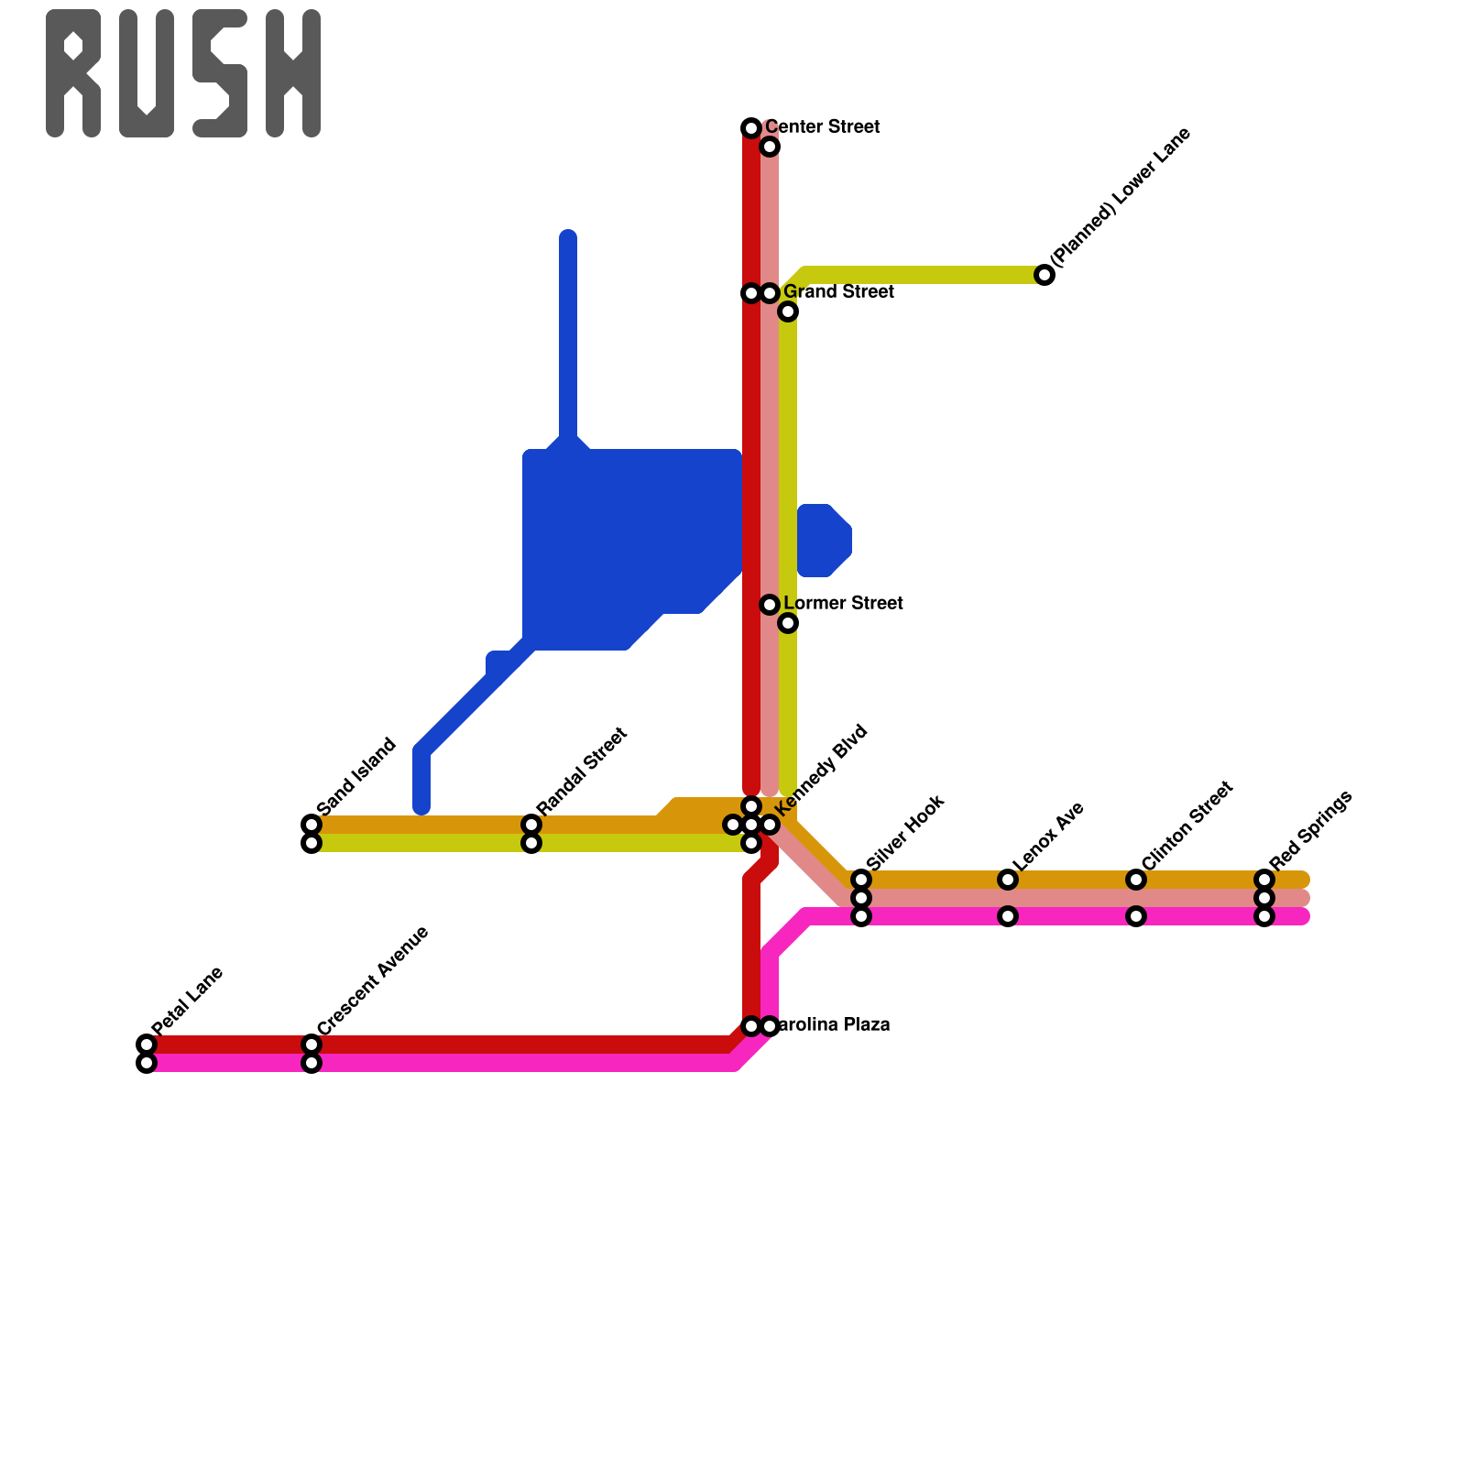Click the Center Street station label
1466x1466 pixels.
(822, 126)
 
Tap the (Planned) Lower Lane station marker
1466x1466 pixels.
(1045, 275)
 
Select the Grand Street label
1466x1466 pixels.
(838, 292)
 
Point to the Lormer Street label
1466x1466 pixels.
(843, 604)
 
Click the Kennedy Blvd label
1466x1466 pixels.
(820, 770)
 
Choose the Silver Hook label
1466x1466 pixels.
(904, 833)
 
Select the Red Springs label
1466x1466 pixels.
(1310, 830)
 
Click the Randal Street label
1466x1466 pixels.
(582, 771)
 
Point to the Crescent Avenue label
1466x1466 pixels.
(373, 980)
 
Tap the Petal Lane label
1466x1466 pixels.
(188, 1001)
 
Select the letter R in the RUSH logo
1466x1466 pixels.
(73, 73)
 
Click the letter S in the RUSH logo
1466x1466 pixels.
(220, 73)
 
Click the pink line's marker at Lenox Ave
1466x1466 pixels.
(1008, 916)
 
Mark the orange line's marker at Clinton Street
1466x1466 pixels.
(1136, 880)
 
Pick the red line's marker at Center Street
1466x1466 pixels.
(751, 128)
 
